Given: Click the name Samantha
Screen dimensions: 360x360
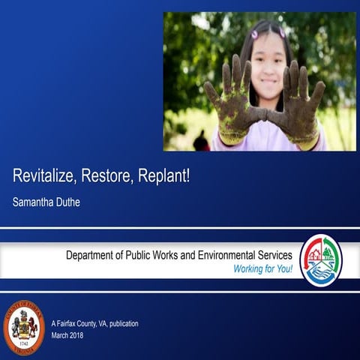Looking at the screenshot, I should [x=34, y=202].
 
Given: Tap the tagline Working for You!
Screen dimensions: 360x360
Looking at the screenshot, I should [x=262, y=268].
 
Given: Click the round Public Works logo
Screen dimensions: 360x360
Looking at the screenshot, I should [x=321, y=260].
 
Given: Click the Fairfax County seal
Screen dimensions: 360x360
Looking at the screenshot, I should [x=24, y=327].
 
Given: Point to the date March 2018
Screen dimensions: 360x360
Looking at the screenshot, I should [x=67, y=335].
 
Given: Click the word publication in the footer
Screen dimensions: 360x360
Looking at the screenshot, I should [x=120, y=323].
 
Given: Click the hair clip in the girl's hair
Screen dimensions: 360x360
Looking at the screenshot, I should [x=255, y=34].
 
